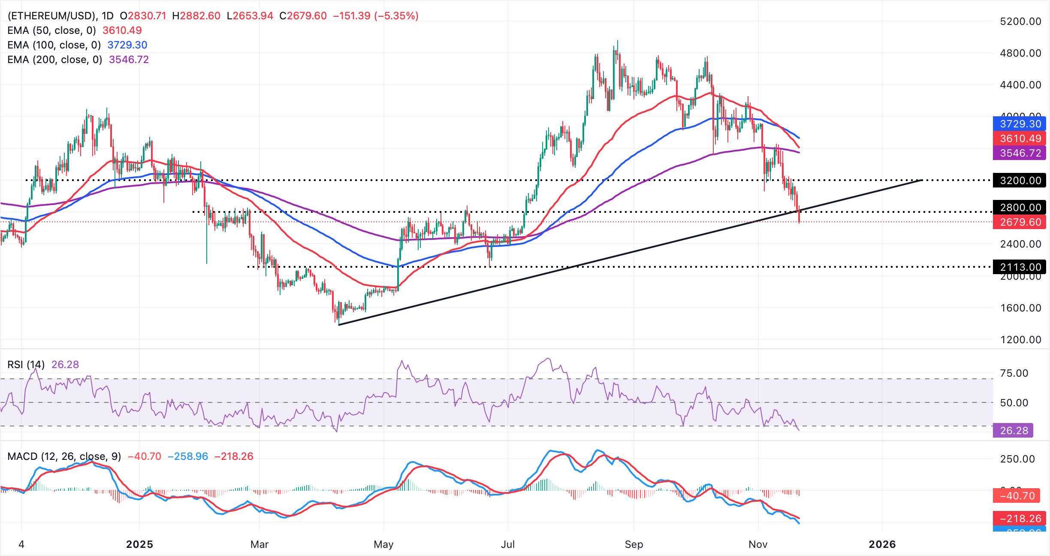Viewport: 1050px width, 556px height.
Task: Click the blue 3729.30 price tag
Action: pyautogui.click(x=1020, y=124)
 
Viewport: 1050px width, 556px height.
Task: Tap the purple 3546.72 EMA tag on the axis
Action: pyautogui.click(x=1020, y=153)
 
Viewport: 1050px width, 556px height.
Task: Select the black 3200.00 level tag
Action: pyautogui.click(x=1020, y=180)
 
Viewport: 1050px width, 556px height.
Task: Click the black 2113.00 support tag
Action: pyautogui.click(x=1020, y=267)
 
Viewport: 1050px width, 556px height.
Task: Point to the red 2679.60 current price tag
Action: pyautogui.click(x=1020, y=222)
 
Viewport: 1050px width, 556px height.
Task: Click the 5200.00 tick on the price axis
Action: pyautogui.click(x=1020, y=21)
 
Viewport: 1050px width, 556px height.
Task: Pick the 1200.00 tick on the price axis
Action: pyautogui.click(x=1020, y=339)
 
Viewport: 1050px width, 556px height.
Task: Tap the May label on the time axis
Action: pyautogui.click(x=383, y=544)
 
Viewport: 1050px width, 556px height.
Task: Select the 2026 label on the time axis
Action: pyautogui.click(x=882, y=544)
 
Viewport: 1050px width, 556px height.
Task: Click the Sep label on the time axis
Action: pyautogui.click(x=634, y=544)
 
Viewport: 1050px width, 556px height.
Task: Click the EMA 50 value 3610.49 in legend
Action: pyautogui.click(x=122, y=30)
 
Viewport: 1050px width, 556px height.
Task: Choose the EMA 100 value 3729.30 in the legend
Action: pyautogui.click(x=127, y=45)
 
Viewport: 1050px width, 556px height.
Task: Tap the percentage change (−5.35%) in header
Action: pyautogui.click(x=396, y=16)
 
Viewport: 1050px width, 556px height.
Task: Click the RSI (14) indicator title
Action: pyautogui.click(x=26, y=365)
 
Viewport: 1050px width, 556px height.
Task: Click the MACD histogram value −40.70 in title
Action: pyautogui.click(x=145, y=456)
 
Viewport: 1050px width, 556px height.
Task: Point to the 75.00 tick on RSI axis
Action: pyautogui.click(x=1014, y=373)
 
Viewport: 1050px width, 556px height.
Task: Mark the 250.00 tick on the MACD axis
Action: pyautogui.click(x=1017, y=459)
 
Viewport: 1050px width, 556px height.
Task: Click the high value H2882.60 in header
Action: pyautogui.click(x=196, y=16)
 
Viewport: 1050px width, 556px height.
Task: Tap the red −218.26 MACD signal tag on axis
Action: pyautogui.click(x=1020, y=518)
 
